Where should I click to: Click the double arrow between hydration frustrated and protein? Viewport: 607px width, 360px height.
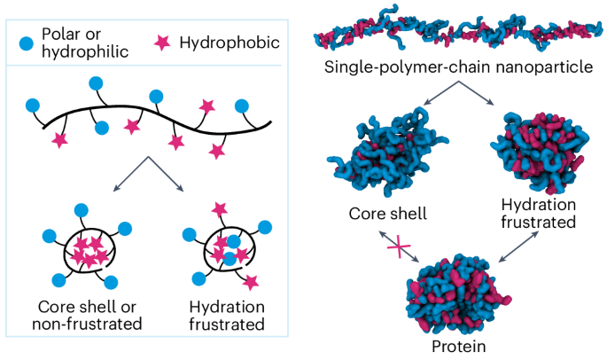(x=513, y=248)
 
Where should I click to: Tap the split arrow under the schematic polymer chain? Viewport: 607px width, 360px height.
(x=150, y=173)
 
